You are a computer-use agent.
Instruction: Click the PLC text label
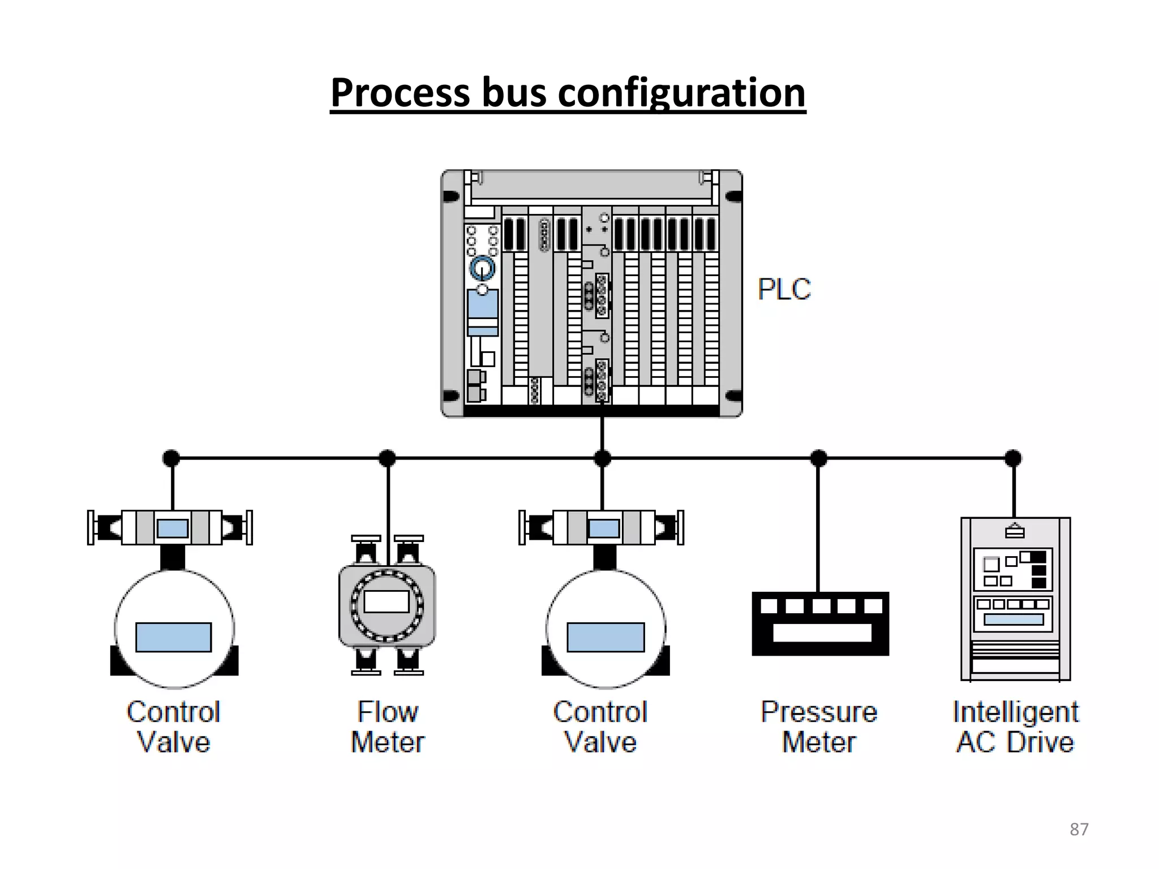(784, 289)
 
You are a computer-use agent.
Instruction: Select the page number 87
(1079, 829)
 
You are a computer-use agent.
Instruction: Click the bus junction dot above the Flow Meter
(387, 458)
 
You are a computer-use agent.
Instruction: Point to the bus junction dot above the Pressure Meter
(818, 458)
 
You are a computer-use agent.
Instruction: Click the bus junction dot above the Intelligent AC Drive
(1013, 458)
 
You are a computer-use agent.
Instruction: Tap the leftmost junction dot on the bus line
(171, 458)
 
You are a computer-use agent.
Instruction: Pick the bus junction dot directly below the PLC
(603, 458)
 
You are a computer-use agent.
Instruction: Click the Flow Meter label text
(388, 727)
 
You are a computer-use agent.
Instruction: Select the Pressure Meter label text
(819, 727)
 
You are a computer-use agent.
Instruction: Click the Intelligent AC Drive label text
(1015, 727)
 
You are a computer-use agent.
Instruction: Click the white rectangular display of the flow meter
(387, 601)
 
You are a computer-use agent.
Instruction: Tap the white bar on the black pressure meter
(822, 633)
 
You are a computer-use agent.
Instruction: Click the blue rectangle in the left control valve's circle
(174, 637)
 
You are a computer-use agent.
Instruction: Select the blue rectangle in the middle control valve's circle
(606, 637)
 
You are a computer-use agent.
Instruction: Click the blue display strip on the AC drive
(1014, 620)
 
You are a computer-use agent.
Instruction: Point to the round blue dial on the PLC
(482, 268)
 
